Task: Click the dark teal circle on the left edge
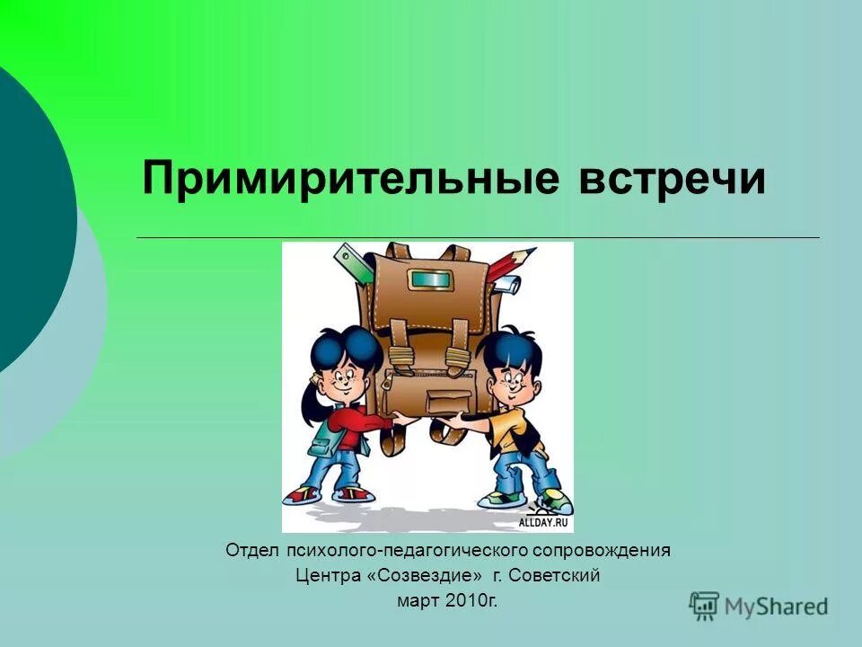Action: pyautogui.click(x=27, y=216)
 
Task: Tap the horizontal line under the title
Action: pyautogui.click(x=476, y=237)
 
